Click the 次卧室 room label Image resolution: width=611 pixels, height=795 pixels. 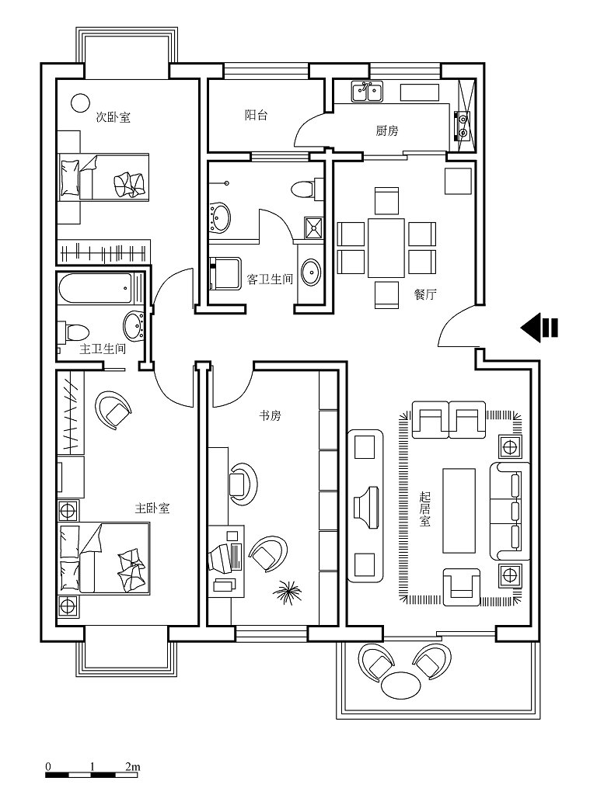coord(113,117)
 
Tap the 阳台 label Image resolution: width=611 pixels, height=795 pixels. coord(257,115)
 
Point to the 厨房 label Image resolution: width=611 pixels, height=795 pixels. coord(387,130)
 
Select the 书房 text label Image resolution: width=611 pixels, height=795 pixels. coord(270,416)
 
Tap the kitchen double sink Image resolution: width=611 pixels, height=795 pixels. coord(368,92)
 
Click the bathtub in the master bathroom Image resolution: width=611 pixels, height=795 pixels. coord(96,289)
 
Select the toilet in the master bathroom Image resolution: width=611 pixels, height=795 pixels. coord(74,332)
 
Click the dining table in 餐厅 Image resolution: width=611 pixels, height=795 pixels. coord(386,247)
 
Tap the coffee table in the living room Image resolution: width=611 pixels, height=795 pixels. coord(459,510)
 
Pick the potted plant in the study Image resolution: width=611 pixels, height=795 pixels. coord(287,591)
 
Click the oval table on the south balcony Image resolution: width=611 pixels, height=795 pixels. coord(401,686)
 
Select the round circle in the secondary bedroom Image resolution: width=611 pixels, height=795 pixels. coord(79,103)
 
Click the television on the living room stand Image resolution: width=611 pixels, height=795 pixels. coord(366,508)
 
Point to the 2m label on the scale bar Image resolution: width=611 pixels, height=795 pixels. coord(132,766)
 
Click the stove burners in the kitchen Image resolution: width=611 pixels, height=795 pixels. coord(463,124)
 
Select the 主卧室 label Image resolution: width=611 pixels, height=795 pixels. coord(152,508)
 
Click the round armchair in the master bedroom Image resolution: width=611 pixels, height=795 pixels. coord(113,408)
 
